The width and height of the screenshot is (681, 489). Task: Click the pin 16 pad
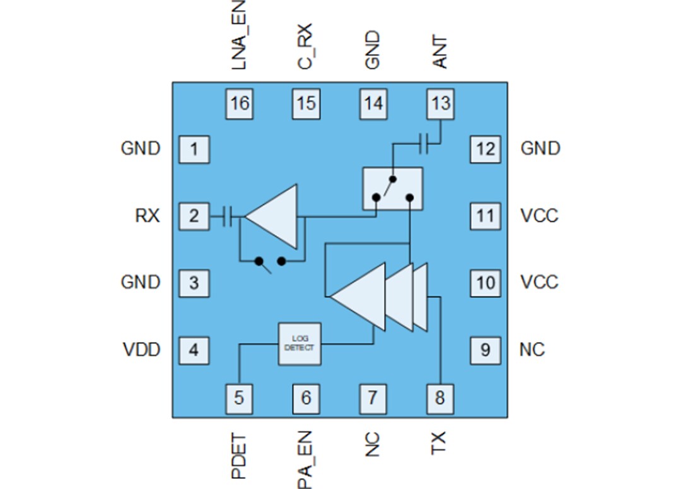[x=240, y=103]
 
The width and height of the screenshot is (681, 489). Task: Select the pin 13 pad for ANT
[x=440, y=103]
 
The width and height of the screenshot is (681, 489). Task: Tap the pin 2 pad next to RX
[x=194, y=216]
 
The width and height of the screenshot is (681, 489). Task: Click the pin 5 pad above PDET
[x=240, y=398]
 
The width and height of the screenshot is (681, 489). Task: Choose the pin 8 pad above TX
[x=440, y=398]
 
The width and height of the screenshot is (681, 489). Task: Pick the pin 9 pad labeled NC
[x=485, y=350]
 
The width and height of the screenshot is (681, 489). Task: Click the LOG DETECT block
[x=300, y=344]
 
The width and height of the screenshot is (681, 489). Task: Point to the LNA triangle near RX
[x=274, y=216]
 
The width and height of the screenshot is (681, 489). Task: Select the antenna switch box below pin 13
[x=392, y=188]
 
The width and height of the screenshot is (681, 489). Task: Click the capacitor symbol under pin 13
[x=428, y=144]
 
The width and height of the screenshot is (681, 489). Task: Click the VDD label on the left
[x=141, y=350]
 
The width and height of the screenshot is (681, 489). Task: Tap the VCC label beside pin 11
[x=539, y=216]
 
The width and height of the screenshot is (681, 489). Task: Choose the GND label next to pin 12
[x=540, y=149]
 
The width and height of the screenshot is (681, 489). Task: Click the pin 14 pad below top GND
[x=373, y=103]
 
